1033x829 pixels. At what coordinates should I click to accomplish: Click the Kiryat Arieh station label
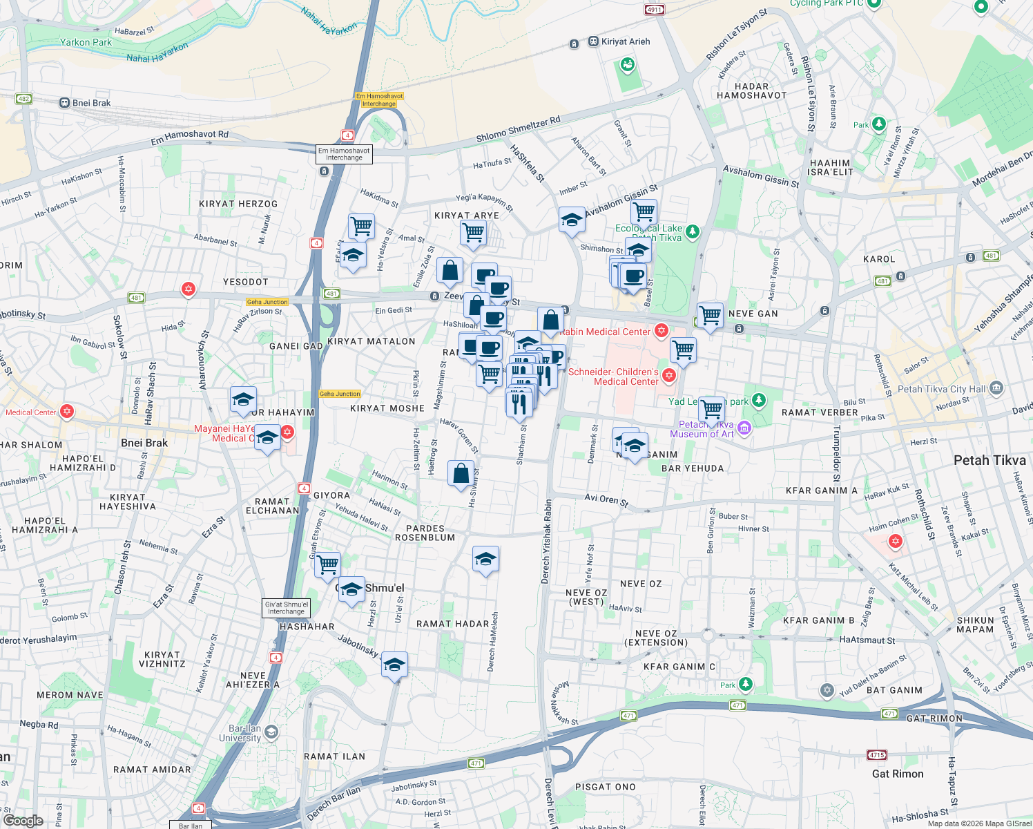(x=625, y=41)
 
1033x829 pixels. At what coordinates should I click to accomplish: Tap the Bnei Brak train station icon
(x=65, y=103)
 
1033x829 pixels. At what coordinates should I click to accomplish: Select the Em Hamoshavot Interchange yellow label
(x=379, y=100)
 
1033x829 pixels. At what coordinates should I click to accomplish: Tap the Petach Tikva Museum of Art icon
(x=744, y=428)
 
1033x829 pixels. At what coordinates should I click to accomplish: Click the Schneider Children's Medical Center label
(x=613, y=377)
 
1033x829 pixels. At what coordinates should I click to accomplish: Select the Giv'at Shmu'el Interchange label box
(x=287, y=608)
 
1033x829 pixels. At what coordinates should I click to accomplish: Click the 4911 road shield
(x=654, y=10)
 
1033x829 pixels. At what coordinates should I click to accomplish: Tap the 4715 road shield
(x=877, y=755)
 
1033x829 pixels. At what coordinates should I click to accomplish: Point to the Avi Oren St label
(x=606, y=499)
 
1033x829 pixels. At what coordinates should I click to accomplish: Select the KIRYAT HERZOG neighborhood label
(x=238, y=204)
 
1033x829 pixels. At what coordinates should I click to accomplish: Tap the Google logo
(x=23, y=821)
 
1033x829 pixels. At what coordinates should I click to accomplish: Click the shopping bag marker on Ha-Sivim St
(x=461, y=474)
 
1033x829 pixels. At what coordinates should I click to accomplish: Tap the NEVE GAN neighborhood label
(x=753, y=314)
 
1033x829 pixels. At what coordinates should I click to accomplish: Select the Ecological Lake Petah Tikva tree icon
(x=693, y=231)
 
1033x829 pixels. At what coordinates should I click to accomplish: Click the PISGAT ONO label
(x=606, y=787)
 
